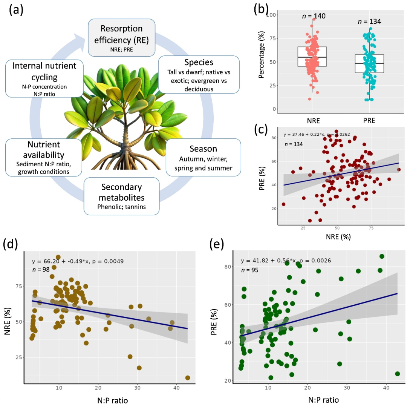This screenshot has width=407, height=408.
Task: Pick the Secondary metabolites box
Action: (x=121, y=196)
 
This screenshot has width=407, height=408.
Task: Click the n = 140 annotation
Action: (x=314, y=16)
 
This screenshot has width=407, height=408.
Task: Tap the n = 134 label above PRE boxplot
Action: (x=369, y=21)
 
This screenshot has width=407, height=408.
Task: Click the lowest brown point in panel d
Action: (x=187, y=378)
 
